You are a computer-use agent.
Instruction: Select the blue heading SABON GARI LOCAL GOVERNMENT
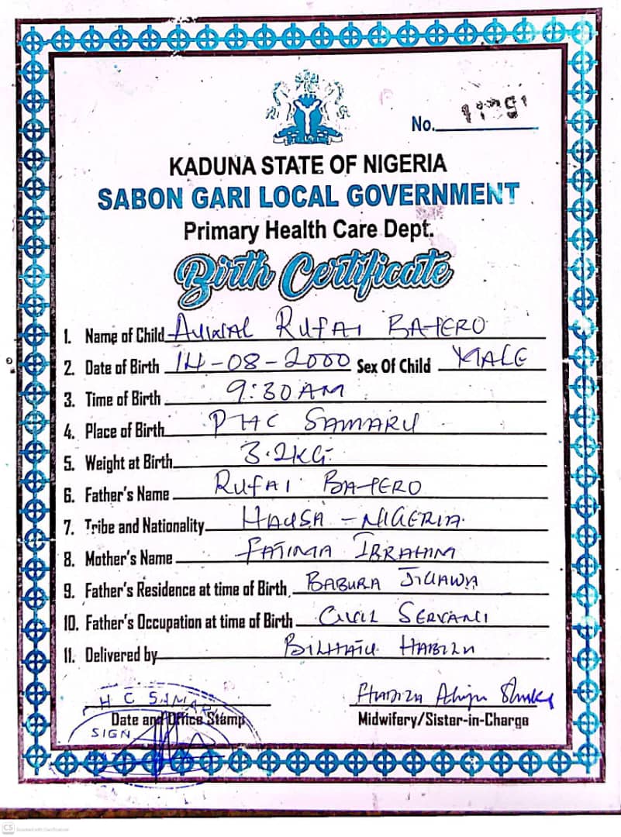tap(308, 195)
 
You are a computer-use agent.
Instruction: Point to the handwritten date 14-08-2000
tap(259, 360)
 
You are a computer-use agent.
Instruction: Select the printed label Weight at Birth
tap(128, 463)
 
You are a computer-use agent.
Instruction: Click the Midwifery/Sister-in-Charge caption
tap(443, 719)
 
